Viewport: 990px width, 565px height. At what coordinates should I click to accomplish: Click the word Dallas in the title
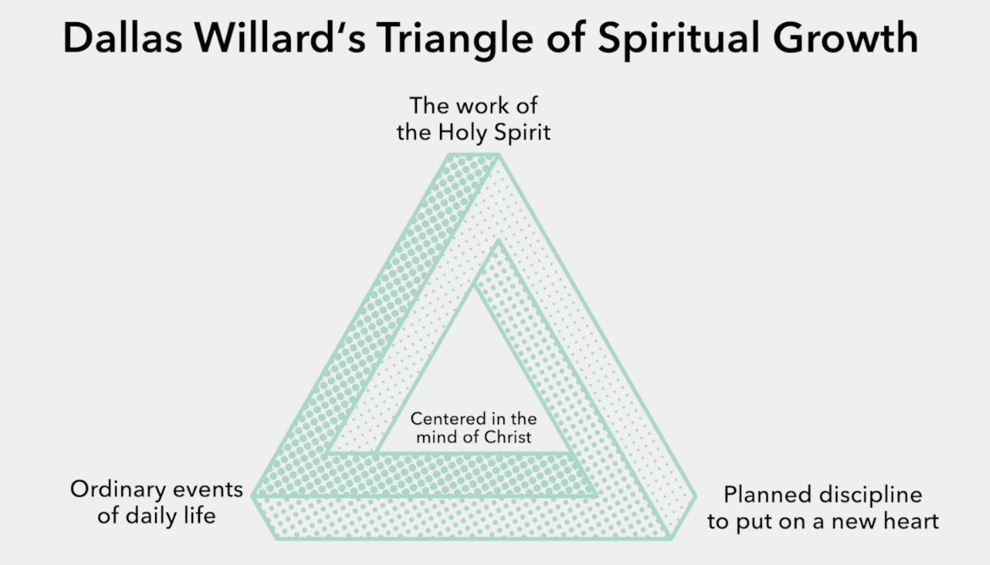pos(123,38)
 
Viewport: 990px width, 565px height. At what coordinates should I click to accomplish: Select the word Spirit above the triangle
pos(522,132)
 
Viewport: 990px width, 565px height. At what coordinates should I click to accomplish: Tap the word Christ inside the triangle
pos(508,437)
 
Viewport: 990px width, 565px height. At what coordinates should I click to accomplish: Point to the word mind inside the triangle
pos(432,437)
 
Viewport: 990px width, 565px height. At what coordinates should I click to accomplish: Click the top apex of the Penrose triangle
pos(474,154)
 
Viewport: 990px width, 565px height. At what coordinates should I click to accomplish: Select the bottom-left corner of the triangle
pos(253,497)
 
